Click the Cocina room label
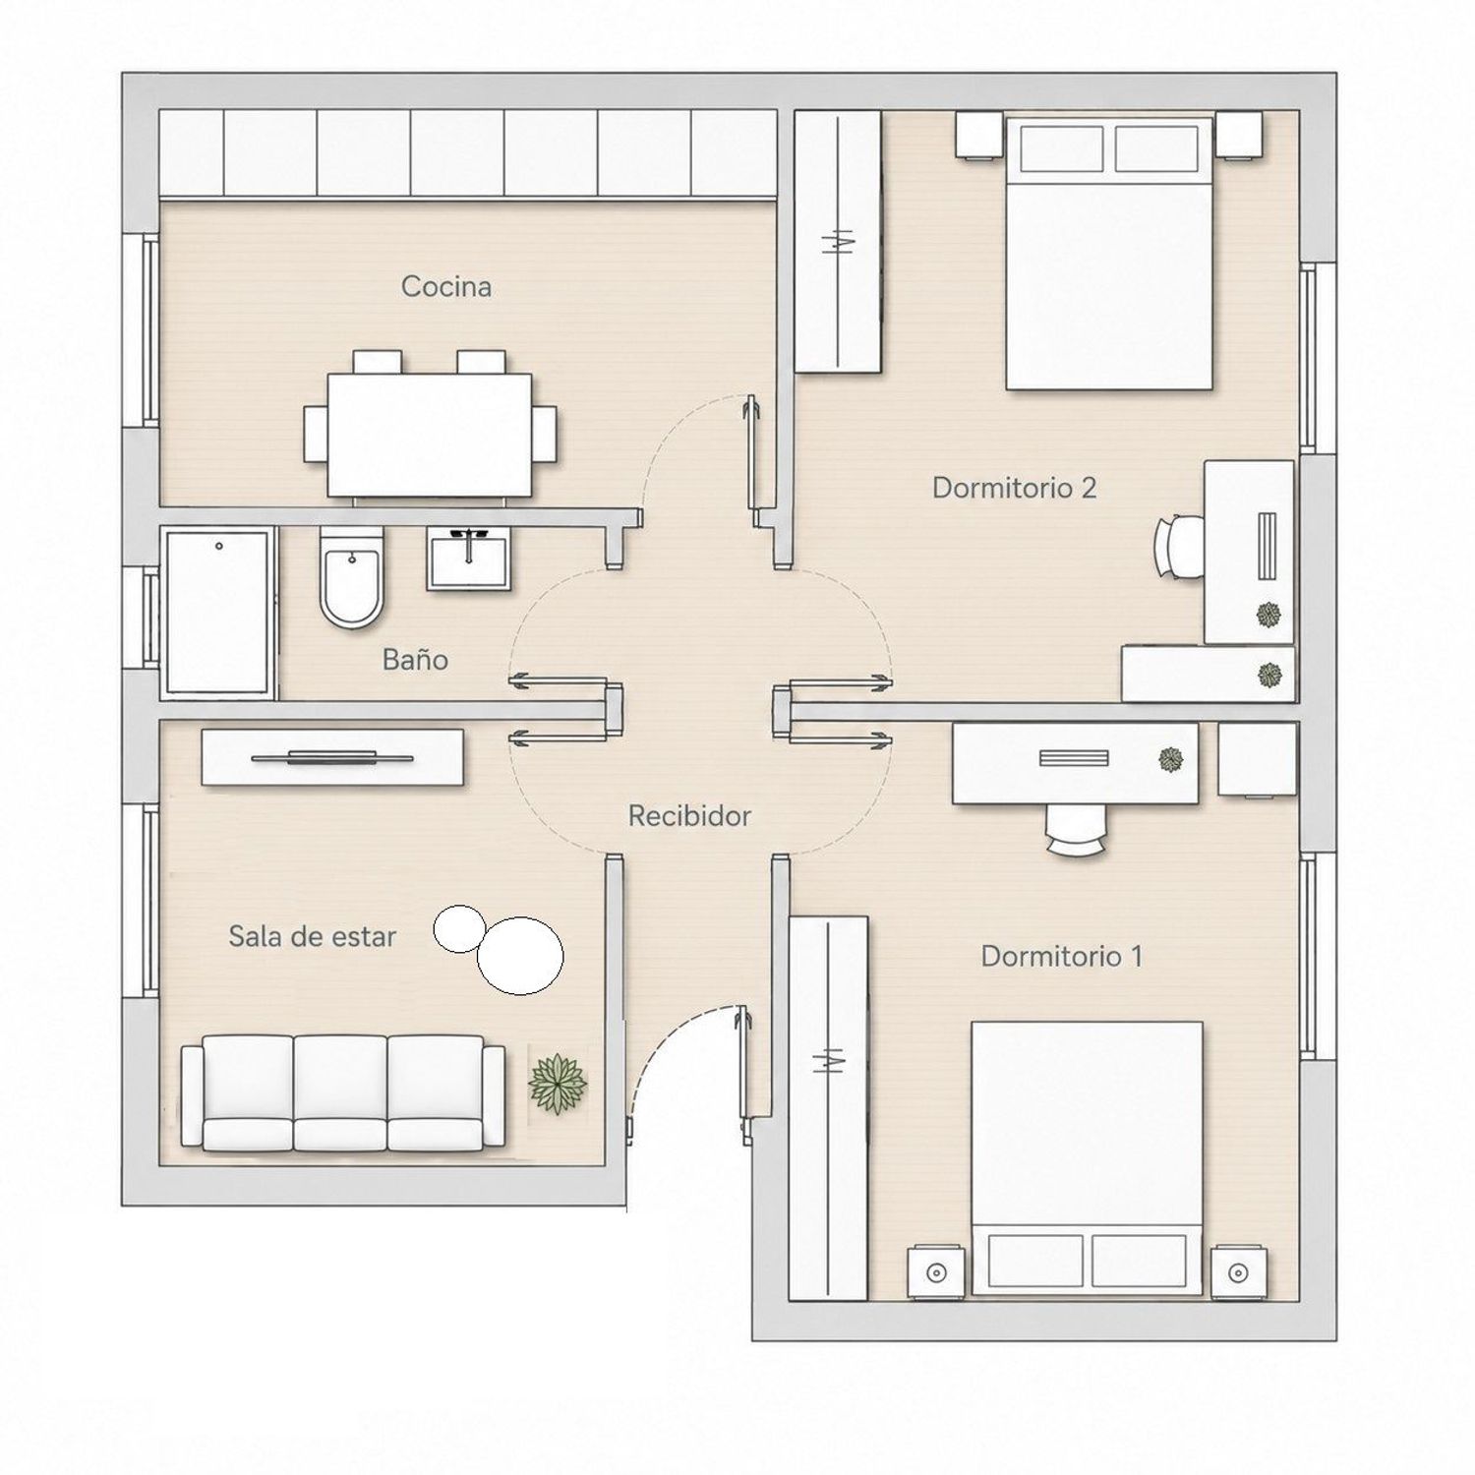(445, 286)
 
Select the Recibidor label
(689, 815)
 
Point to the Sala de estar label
(312, 936)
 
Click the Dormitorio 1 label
(1061, 956)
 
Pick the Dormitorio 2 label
(1014, 488)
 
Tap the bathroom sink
(468, 558)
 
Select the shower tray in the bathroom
(217, 613)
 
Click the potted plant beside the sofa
(558, 1084)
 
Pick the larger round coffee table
(519, 954)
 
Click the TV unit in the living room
(332, 756)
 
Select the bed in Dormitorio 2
(1108, 253)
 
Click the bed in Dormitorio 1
(1087, 1158)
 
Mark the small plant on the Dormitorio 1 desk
(1169, 759)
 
